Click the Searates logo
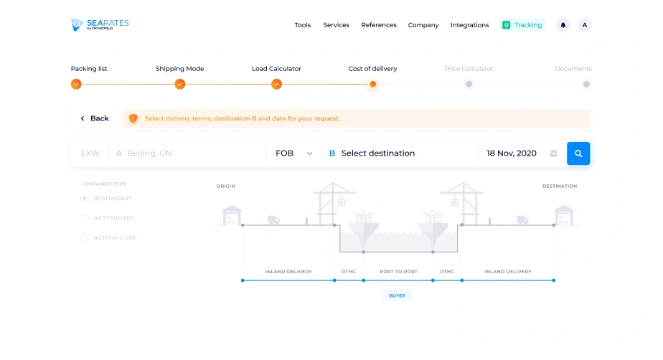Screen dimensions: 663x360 (x=100, y=24)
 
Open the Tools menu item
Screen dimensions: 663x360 (x=302, y=25)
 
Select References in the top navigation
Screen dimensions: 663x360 (x=379, y=25)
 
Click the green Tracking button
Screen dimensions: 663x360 (x=522, y=25)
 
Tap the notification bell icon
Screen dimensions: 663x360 (x=563, y=25)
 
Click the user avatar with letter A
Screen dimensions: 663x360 (x=585, y=25)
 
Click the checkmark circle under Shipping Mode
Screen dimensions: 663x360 (x=179, y=84)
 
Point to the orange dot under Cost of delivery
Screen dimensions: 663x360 (x=372, y=84)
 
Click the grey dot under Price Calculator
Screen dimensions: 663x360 (x=469, y=84)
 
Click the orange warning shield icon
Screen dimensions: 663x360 (x=133, y=118)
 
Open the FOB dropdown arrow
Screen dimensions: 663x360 (x=309, y=153)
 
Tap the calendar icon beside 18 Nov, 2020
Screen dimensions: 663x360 (x=553, y=153)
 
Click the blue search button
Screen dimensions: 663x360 (x=578, y=153)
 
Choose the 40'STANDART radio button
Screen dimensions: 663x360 (x=85, y=218)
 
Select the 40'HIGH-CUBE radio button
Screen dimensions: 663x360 (x=85, y=237)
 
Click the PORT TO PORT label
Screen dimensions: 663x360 (x=398, y=272)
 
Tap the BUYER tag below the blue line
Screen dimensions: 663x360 (x=397, y=295)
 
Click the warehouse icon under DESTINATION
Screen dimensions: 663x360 (x=564, y=215)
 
